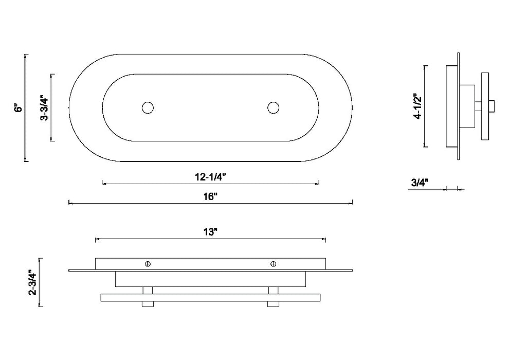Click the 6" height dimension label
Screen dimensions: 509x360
click(20, 108)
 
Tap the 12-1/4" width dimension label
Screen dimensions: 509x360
click(210, 177)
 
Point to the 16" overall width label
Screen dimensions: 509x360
click(210, 197)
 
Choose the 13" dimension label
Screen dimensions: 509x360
click(210, 232)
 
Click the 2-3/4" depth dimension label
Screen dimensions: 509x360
click(33, 282)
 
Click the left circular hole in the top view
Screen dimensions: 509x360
click(148, 108)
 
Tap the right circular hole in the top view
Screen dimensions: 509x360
click(274, 108)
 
